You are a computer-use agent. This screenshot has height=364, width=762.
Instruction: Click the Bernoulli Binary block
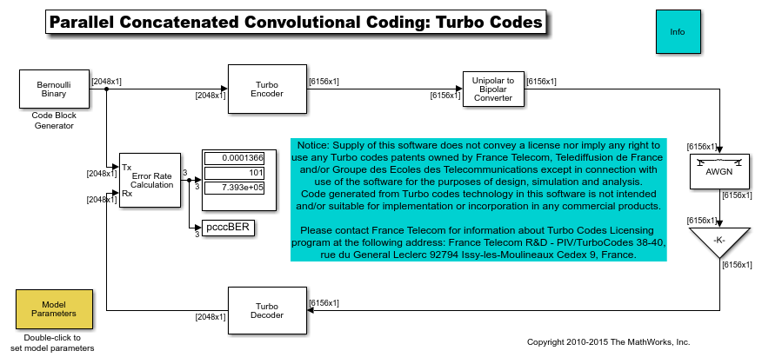54,89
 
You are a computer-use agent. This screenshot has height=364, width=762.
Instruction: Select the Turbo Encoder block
266,89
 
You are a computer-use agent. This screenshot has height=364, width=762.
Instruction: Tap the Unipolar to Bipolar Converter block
493,89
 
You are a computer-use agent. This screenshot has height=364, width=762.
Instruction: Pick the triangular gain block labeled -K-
719,240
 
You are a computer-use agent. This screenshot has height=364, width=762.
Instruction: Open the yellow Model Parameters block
54,309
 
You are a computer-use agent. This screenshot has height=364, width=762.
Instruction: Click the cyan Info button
678,33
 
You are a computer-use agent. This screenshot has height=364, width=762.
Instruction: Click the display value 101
254,172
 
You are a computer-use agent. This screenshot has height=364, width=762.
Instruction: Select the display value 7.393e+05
243,186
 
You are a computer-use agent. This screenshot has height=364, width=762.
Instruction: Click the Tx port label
127,167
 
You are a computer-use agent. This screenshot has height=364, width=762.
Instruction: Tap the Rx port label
127,194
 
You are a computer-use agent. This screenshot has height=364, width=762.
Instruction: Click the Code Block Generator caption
53,120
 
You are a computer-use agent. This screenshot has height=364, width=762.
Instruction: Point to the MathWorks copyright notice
608,342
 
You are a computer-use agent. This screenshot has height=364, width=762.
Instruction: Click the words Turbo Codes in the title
487,23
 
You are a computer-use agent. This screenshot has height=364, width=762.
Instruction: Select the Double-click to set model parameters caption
53,342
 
